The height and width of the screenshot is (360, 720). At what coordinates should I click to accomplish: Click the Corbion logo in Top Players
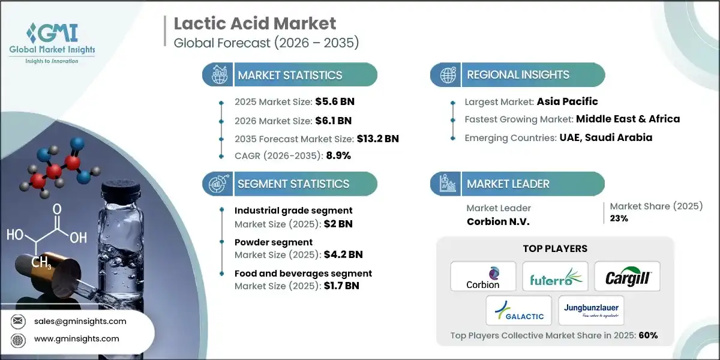[483, 276]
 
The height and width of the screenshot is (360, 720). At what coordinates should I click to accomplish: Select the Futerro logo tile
[555, 276]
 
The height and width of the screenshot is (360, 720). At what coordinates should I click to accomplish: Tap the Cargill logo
[627, 276]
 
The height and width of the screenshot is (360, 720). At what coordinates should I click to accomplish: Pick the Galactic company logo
[519, 311]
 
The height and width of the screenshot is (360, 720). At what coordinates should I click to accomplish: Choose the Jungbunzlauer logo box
[591, 311]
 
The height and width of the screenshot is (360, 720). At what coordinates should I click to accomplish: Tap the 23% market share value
[619, 218]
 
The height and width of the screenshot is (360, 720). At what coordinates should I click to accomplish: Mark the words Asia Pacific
[567, 101]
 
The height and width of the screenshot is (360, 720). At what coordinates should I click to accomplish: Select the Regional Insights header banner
[517, 75]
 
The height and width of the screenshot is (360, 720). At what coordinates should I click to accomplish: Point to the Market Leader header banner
[517, 184]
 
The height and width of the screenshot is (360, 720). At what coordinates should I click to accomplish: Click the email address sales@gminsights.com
[80, 321]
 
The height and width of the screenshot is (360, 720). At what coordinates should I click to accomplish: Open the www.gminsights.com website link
[77, 339]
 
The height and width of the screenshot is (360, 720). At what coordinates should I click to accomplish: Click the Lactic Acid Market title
[255, 24]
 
